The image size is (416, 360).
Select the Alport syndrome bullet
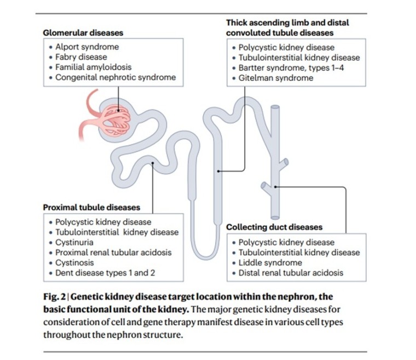[86, 47]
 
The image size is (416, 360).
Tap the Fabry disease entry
[81, 57]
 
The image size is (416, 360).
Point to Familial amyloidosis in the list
[93, 67]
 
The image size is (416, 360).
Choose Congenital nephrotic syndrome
[115, 77]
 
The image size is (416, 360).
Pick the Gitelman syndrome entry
[276, 78]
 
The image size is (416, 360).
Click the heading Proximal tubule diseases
[91, 207]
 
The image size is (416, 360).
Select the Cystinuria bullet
[74, 242]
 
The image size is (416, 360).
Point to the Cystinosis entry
[74, 262]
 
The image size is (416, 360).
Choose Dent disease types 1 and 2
[102, 272]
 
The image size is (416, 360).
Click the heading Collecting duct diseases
[274, 227]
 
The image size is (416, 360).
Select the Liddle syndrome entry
[270, 263]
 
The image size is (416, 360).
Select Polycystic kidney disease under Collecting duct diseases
[286, 242]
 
